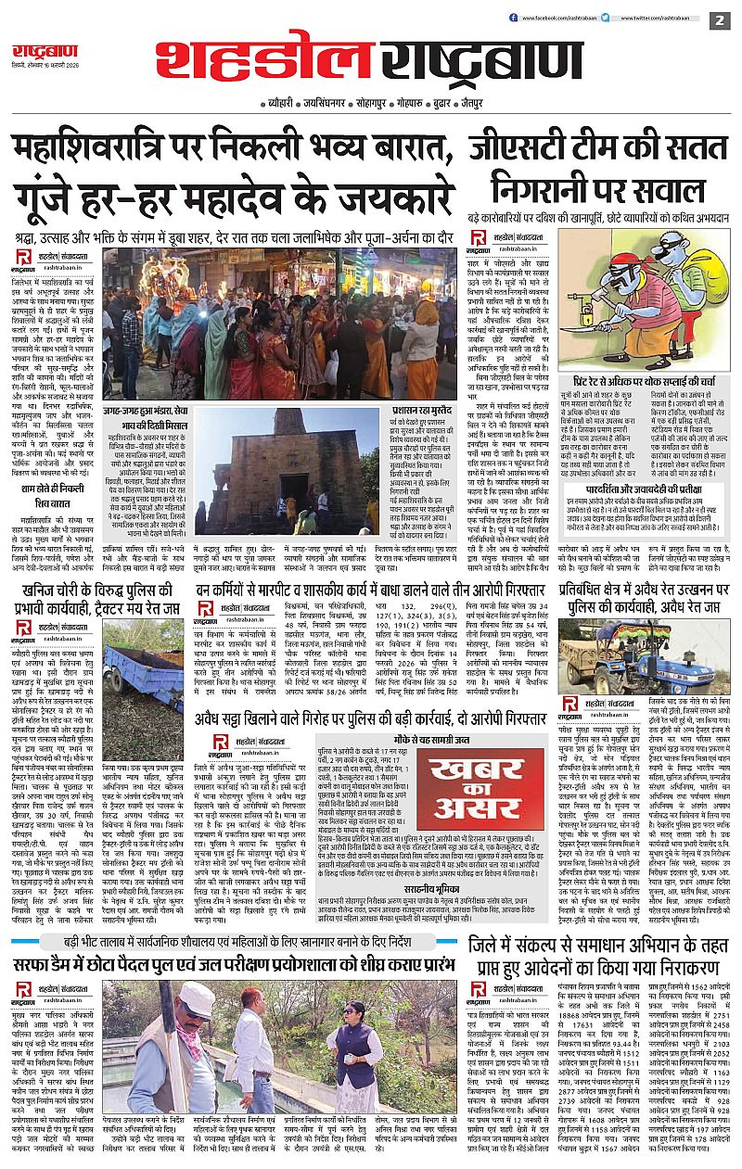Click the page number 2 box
[x=720, y=19]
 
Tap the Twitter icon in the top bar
[x=606, y=18]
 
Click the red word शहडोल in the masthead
[x=264, y=61]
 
